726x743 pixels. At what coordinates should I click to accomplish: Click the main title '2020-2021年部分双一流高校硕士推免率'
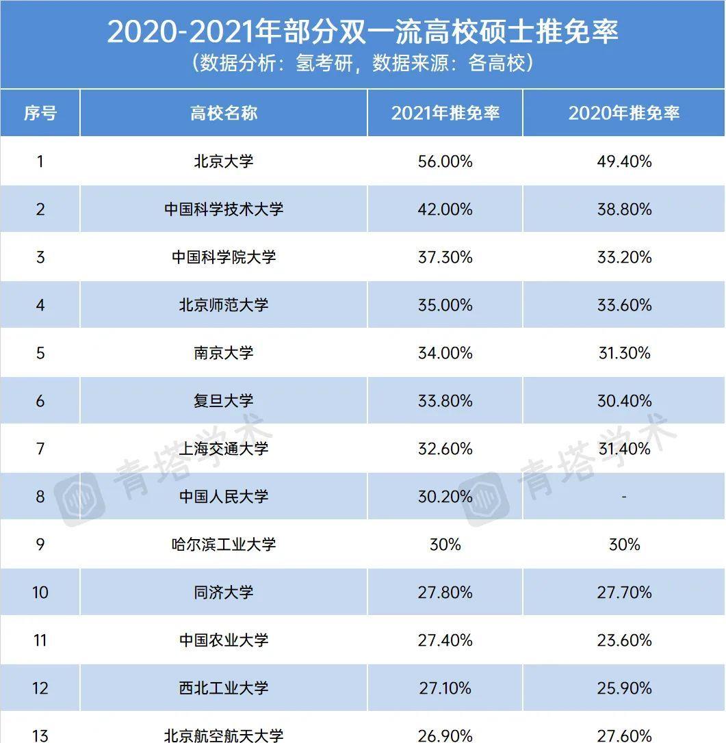[x=363, y=31]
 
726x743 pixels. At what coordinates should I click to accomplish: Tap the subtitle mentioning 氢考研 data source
[x=363, y=64]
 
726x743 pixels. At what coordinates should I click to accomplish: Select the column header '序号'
[x=40, y=113]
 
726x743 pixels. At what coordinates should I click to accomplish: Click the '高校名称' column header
[x=224, y=113]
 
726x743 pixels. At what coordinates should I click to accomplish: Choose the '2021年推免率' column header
[x=445, y=113]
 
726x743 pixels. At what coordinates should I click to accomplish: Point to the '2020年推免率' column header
[x=624, y=113]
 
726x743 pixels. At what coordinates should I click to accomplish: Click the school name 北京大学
[x=224, y=161]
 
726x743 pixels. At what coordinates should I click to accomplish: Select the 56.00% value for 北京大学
[x=445, y=161]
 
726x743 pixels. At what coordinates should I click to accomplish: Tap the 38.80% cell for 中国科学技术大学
[x=624, y=209]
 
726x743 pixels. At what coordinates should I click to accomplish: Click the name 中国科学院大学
[x=224, y=257]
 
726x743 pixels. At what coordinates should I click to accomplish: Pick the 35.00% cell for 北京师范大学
[x=445, y=305]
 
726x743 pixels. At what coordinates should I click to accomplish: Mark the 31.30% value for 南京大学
[x=624, y=353]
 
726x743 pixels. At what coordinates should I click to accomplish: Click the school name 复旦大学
[x=224, y=401]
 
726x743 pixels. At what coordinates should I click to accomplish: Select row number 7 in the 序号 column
[x=40, y=449]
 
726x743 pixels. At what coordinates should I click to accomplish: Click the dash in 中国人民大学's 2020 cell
[x=624, y=497]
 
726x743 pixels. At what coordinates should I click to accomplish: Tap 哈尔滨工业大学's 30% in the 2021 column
[x=445, y=545]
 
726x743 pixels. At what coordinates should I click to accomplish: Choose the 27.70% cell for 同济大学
[x=624, y=592]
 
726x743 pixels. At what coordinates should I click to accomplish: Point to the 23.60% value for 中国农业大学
[x=624, y=640]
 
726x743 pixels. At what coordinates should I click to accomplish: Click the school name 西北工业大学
[x=224, y=688]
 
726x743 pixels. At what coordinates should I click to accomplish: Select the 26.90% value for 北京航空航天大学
[x=445, y=735]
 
